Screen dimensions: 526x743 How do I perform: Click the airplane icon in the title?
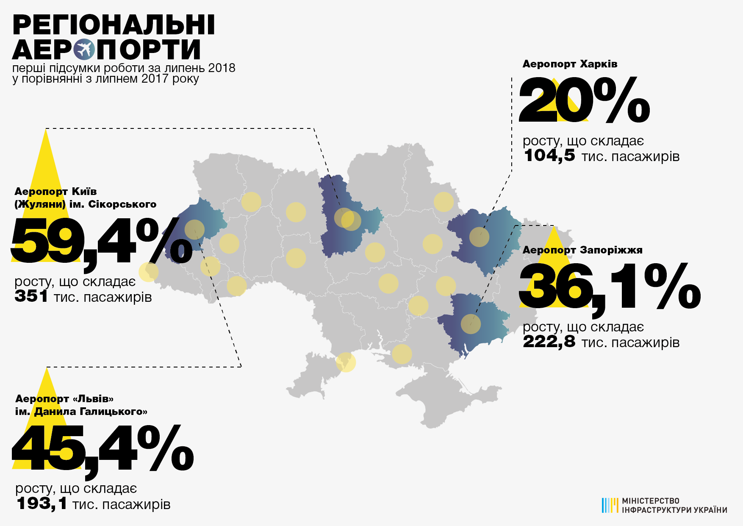[84, 50]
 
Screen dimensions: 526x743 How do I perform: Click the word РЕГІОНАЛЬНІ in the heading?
[114, 25]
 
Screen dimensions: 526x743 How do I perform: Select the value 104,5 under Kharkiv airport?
[549, 156]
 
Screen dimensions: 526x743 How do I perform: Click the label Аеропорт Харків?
[570, 64]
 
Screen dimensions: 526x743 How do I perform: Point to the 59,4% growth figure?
[101, 242]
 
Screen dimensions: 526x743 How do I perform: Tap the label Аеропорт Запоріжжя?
[582, 250]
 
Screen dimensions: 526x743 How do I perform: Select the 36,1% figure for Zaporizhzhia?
[609, 287]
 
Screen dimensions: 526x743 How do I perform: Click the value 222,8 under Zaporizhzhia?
[549, 342]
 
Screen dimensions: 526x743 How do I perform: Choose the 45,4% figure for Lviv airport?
[103, 449]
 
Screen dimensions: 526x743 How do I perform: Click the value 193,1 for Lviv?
[42, 504]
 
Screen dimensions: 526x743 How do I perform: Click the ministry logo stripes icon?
[610, 505]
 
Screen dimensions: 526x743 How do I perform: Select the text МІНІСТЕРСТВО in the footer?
[650, 501]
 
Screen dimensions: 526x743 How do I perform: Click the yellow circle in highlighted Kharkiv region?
[479, 237]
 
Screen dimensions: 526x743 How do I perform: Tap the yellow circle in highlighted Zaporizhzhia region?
[471, 324]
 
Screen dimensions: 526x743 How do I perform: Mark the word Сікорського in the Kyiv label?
[122, 204]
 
